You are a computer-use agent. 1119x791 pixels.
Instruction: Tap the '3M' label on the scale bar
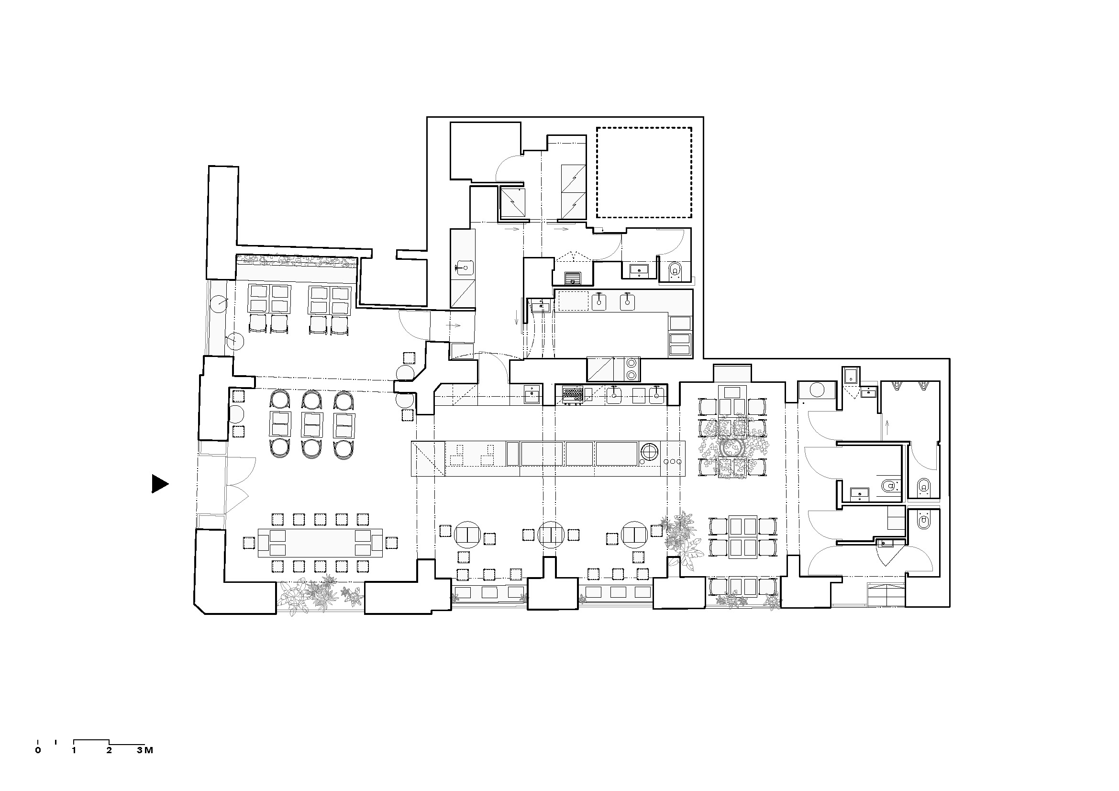[145, 750]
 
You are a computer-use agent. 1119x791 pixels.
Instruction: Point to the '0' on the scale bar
[38, 750]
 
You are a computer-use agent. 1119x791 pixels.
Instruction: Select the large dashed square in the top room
[644, 173]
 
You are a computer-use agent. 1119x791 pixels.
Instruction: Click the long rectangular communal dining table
[320, 543]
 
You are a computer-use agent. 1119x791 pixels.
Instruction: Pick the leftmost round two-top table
[467, 534]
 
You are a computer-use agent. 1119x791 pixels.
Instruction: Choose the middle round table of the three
[551, 534]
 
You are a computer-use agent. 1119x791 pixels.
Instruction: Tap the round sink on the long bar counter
[649, 453]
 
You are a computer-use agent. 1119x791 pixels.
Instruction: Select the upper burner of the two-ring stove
[632, 363]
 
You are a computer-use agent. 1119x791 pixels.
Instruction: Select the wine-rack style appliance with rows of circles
[573, 394]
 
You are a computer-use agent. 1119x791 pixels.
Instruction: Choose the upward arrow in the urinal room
[886, 427]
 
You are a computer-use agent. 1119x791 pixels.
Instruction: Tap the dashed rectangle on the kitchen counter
[573, 301]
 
